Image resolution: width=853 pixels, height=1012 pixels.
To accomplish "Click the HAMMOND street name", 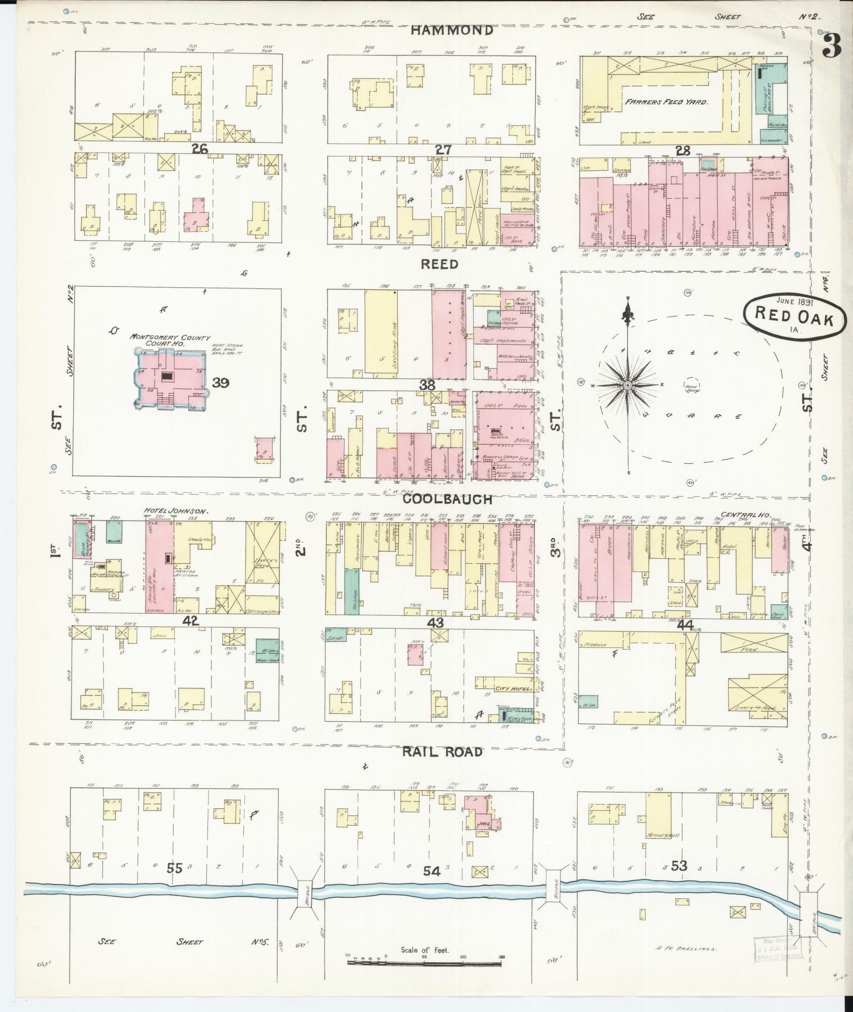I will tap(452, 31).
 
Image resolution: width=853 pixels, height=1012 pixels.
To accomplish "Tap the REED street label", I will tap(439, 264).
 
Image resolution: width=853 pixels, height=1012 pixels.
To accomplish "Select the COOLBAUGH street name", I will tap(447, 499).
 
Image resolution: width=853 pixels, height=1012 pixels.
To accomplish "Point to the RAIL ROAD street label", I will tap(442, 752).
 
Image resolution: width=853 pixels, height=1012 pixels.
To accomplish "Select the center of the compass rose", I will tap(628, 386).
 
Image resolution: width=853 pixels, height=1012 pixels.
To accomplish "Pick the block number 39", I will tap(220, 382).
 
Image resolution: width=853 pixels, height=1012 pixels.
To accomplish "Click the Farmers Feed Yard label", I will tap(666, 102).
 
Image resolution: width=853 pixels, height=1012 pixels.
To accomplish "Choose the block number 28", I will tap(683, 151).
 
